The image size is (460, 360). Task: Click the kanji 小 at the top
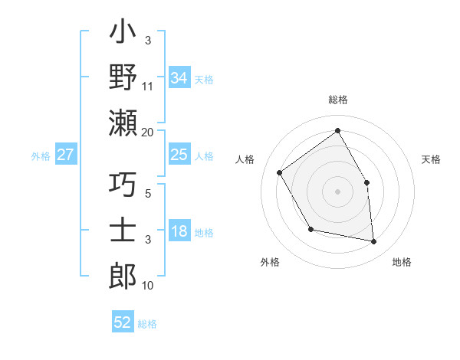(123, 34)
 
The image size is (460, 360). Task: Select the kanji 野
(123, 78)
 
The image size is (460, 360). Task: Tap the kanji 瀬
(123, 123)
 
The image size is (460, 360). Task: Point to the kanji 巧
(123, 185)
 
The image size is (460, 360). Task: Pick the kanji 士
(123, 230)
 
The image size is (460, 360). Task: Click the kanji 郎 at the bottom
(123, 274)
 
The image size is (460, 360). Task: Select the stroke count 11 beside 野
(148, 87)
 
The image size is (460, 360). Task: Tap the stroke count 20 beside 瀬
(148, 132)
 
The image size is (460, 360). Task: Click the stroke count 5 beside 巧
(148, 194)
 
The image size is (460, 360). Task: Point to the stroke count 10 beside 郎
(148, 285)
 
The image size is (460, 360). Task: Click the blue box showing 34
(179, 78)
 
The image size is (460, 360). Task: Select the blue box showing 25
(179, 155)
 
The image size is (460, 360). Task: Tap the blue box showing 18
(179, 232)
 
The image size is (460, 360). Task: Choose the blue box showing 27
(66, 155)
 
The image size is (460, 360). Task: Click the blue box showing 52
(123, 322)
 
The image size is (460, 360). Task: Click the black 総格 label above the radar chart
(337, 100)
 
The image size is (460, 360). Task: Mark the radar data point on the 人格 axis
(280, 173)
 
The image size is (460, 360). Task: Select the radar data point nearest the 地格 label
(374, 241)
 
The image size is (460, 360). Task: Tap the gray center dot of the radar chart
(337, 191)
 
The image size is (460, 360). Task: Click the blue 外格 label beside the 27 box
(41, 155)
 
